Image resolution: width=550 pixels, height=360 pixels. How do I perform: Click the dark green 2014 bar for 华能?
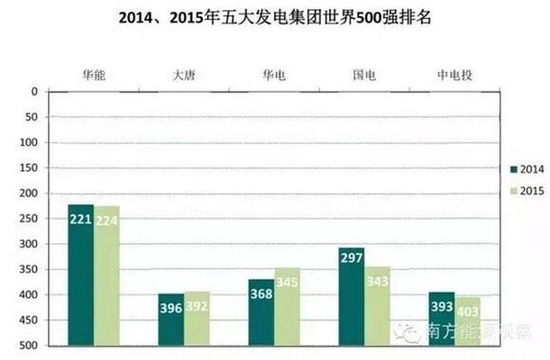[x=80, y=273]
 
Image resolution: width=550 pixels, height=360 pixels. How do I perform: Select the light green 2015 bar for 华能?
[x=107, y=274]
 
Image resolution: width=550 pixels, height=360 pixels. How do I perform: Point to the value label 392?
[x=197, y=304]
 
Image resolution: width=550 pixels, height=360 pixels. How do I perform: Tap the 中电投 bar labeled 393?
[x=441, y=329]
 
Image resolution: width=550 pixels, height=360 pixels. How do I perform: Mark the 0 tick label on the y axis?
[x=34, y=91]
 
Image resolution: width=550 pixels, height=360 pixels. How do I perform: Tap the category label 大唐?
[x=184, y=75]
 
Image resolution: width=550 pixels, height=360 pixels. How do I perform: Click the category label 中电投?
[x=455, y=75]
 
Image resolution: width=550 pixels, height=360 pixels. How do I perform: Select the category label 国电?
[x=364, y=75]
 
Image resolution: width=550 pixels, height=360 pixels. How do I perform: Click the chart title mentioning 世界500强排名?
[x=273, y=17]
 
